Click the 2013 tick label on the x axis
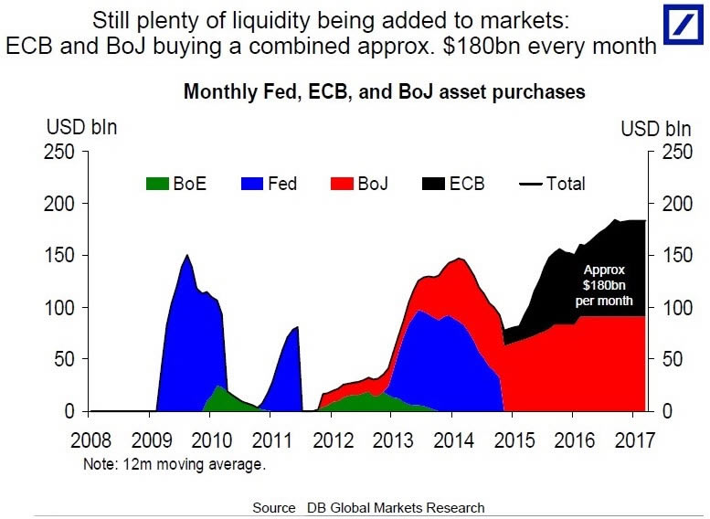(394, 440)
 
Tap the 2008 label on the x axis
(91, 440)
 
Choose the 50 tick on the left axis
(66, 360)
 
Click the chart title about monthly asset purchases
(384, 92)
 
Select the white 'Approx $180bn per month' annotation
(604, 285)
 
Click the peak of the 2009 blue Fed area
(187, 256)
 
